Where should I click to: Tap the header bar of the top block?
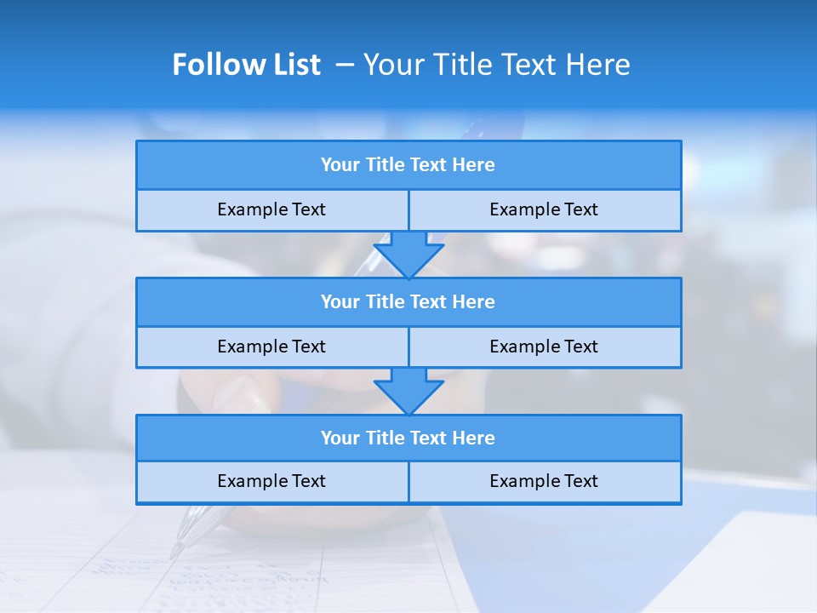click(x=408, y=165)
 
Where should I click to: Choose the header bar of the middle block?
click(x=408, y=302)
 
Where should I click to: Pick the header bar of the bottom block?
click(x=408, y=438)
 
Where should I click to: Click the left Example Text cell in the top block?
click(x=272, y=210)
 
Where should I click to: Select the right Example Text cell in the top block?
click(x=545, y=210)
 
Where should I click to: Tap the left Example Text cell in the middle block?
click(x=272, y=347)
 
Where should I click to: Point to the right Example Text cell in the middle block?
click(x=545, y=347)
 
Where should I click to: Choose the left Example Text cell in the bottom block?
click(x=272, y=482)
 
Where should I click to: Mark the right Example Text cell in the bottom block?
click(x=545, y=482)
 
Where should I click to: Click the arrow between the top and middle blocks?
click(x=408, y=255)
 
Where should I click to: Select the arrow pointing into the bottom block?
click(x=408, y=391)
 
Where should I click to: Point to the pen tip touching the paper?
click(x=175, y=553)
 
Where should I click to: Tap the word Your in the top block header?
click(x=340, y=165)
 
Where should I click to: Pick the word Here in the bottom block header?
click(x=474, y=438)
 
